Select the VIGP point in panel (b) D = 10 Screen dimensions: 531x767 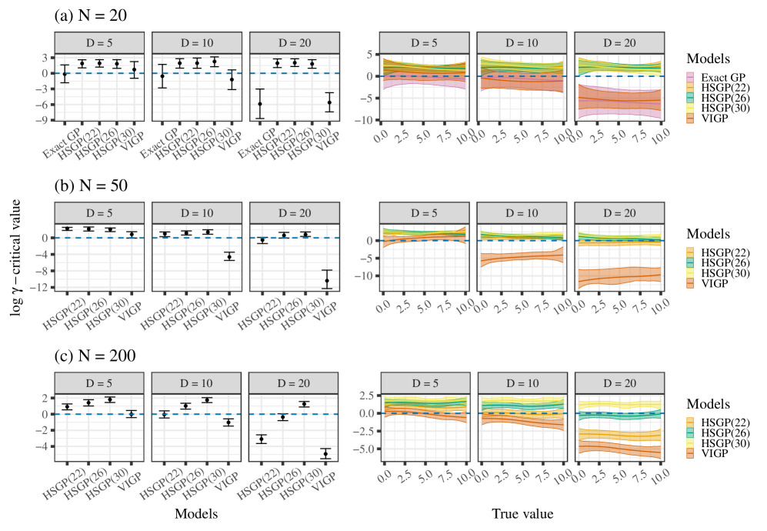click(228, 256)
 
